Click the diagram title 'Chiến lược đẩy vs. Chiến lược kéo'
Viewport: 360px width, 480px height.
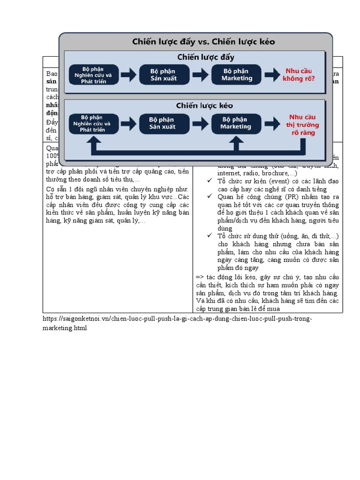tap(203, 42)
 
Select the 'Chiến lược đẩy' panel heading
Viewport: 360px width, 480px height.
tap(205, 58)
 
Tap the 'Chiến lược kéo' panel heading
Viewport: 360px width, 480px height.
tap(204, 105)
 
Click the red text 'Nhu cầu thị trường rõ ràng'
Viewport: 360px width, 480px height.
tap(303, 125)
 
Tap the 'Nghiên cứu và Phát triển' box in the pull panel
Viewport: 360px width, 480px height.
tap(93, 124)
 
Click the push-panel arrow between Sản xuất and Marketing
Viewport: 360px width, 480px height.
tap(200, 75)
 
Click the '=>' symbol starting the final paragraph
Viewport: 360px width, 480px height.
tap(199, 277)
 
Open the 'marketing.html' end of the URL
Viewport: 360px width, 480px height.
tap(65, 328)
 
